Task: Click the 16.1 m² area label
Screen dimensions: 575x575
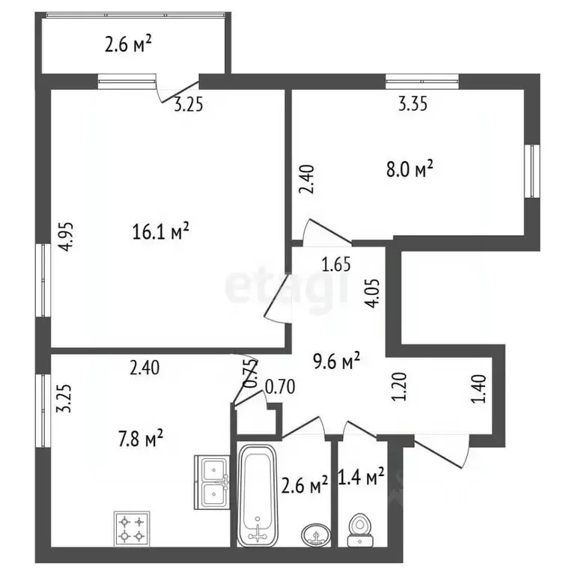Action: click(161, 232)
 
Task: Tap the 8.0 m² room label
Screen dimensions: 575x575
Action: click(410, 169)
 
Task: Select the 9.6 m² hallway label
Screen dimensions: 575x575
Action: click(336, 362)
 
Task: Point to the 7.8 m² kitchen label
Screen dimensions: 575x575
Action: click(141, 438)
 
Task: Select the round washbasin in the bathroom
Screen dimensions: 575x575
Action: click(316, 535)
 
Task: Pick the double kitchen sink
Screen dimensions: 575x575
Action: click(211, 482)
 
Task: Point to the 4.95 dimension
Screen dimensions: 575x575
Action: click(67, 237)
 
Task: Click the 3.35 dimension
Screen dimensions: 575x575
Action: click(413, 104)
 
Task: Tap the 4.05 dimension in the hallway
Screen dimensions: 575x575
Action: click(374, 293)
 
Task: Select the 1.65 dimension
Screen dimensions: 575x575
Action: click(336, 265)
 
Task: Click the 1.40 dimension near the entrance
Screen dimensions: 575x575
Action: click(480, 389)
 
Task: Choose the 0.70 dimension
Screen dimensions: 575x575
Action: click(280, 387)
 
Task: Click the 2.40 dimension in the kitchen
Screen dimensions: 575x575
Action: click(144, 368)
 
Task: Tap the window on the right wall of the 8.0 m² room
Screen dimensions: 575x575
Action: click(532, 171)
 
